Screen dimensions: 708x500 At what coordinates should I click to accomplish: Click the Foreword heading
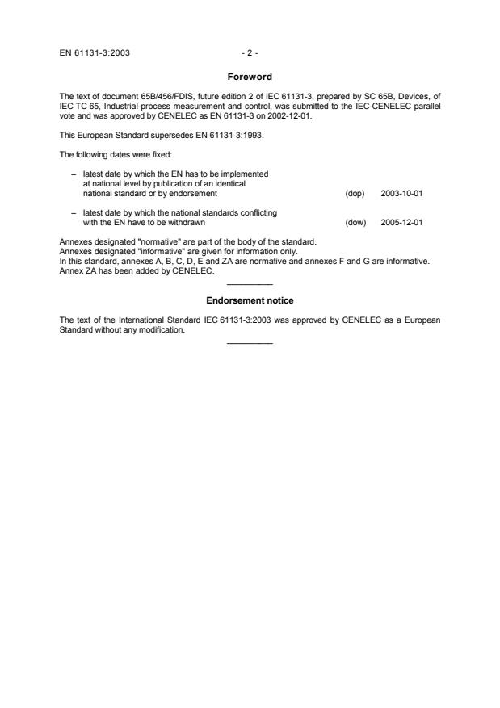(250, 78)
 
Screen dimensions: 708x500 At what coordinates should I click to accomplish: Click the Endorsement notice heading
(250, 300)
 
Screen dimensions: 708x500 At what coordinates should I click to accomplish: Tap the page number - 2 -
(250, 53)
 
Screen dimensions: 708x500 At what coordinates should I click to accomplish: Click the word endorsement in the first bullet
(195, 194)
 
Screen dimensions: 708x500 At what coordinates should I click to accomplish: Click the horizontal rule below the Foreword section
(250, 285)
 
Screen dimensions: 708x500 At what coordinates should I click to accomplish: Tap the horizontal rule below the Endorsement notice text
(250, 344)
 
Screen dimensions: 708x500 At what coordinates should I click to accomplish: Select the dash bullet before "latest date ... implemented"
(74, 173)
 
